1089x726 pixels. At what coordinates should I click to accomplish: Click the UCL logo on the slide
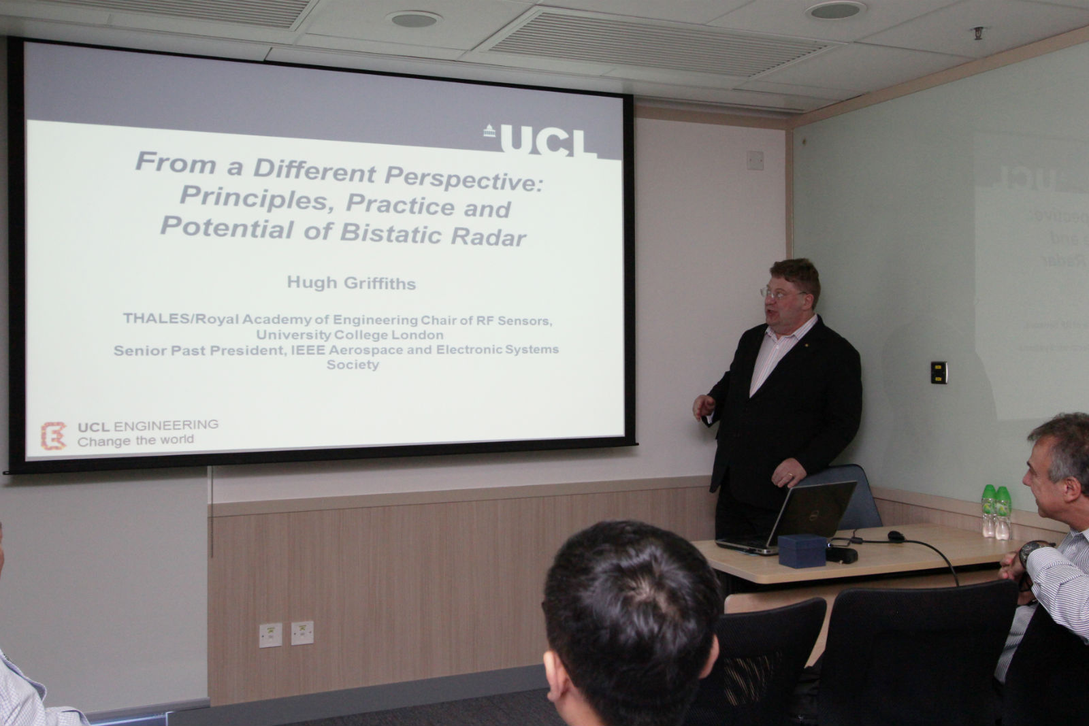540,140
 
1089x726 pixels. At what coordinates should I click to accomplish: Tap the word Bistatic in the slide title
391,233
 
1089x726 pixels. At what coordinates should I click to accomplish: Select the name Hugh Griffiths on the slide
351,282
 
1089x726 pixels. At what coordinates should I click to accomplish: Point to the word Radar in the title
489,237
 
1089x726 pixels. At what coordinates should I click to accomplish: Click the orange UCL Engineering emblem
53,435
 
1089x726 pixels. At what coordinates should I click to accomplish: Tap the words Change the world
135,440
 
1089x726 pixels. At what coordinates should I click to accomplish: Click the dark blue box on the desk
802,550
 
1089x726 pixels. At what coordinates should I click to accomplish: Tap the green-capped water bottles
996,512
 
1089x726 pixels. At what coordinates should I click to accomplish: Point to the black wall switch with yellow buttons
939,373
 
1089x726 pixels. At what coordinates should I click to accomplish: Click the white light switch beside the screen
755,160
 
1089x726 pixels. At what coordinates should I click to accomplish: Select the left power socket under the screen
270,635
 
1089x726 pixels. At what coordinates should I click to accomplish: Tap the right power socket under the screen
302,633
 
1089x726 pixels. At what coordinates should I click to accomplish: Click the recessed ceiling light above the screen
415,19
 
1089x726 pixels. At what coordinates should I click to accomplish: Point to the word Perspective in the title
464,178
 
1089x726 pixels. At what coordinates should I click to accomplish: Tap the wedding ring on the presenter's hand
790,475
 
